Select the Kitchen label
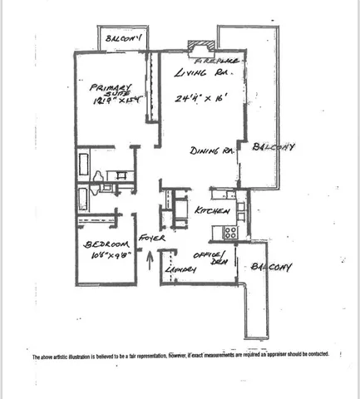coord(212,212)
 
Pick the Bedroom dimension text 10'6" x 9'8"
coord(104,256)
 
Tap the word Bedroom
coord(104,244)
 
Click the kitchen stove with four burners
coord(229,233)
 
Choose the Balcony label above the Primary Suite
coord(120,37)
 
